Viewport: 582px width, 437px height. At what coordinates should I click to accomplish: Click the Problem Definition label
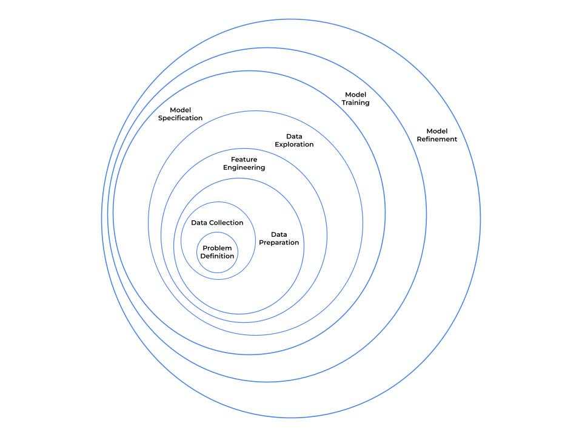218,252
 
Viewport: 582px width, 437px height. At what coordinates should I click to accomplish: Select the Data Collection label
217,223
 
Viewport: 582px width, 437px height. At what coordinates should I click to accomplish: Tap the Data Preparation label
279,239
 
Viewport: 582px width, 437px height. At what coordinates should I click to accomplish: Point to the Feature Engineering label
244,163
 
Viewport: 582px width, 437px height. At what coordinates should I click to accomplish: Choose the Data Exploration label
294,140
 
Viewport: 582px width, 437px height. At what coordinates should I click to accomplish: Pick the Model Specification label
180,113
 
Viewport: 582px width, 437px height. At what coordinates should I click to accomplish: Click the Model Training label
356,98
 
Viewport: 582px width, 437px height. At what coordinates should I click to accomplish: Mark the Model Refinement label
436,135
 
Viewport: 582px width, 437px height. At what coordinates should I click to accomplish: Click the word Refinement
436,139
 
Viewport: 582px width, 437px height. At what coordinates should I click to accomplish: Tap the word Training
356,103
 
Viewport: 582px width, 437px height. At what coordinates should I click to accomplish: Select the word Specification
180,118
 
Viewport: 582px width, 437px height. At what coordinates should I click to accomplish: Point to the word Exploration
294,144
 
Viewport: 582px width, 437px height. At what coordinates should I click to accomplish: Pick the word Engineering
244,168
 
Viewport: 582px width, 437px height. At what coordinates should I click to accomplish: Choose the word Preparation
279,243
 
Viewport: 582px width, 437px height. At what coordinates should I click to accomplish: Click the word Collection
226,223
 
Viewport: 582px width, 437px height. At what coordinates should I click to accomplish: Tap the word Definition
218,256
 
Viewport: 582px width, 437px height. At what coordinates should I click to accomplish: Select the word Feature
244,159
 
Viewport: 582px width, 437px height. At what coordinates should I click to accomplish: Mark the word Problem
218,248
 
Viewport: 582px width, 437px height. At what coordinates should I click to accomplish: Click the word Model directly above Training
356,94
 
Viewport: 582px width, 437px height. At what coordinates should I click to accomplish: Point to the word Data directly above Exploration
294,136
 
